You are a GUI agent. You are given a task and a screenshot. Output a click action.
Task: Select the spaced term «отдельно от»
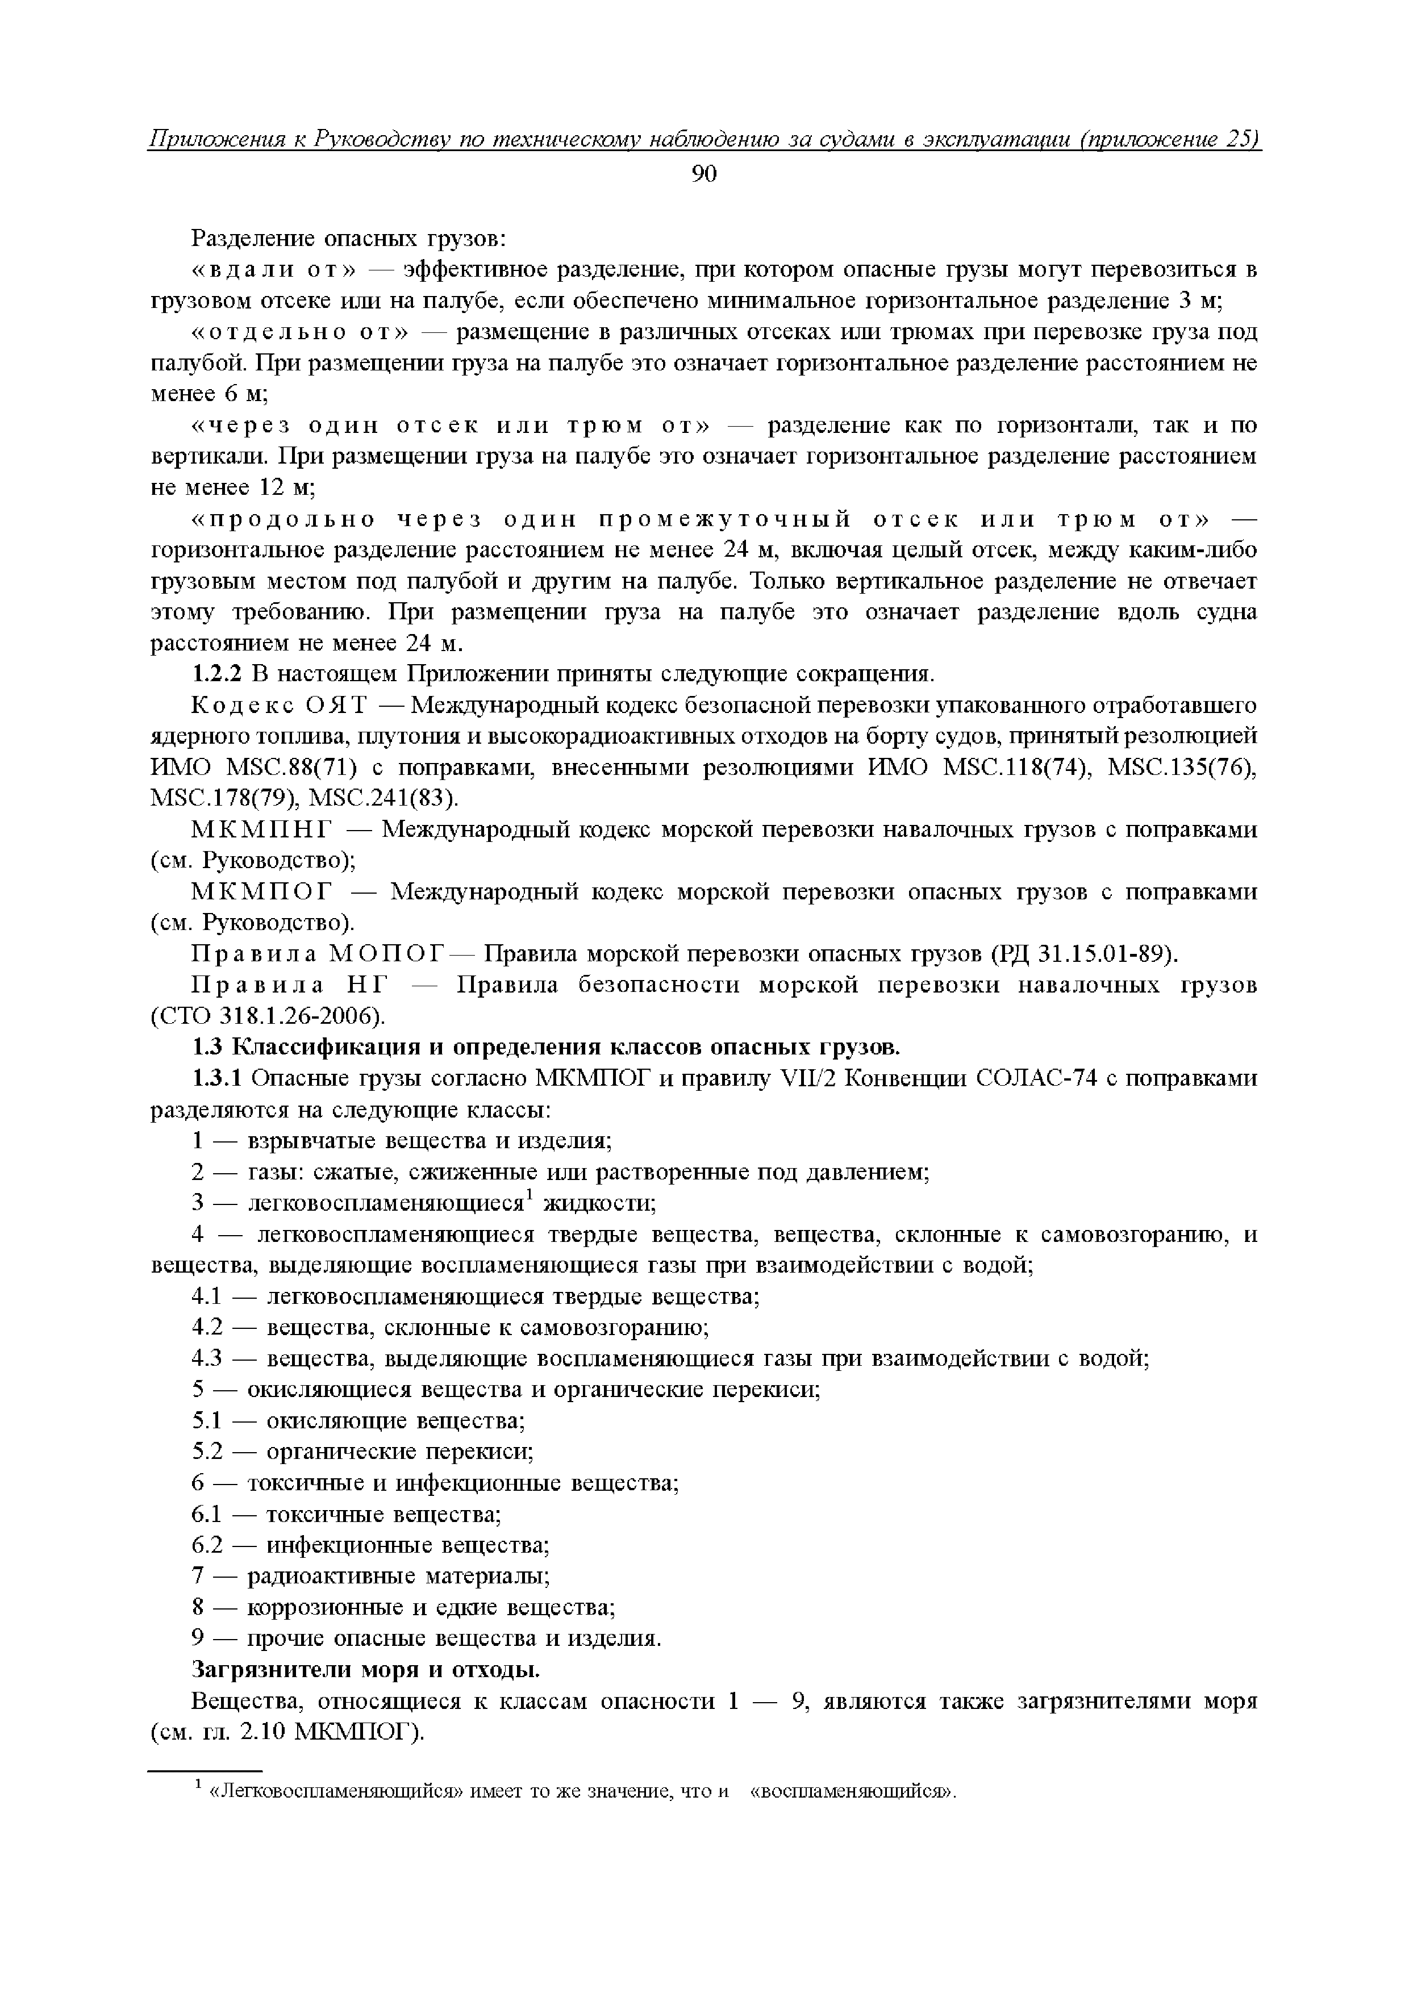point(299,332)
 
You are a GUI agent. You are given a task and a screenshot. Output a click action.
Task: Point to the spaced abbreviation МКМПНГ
point(262,830)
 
